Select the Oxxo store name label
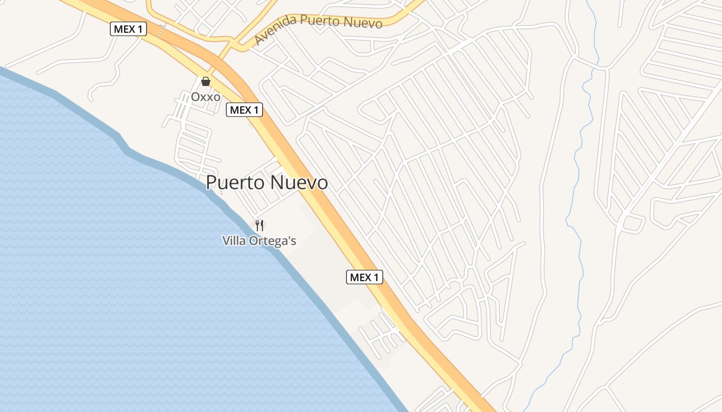[x=206, y=97]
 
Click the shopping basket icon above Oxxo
[x=206, y=81]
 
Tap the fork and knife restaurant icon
[x=259, y=225]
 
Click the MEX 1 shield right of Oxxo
[x=244, y=110]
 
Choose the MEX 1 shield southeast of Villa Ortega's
[x=364, y=278]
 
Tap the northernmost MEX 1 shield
[x=128, y=29]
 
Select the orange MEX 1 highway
[x=330, y=206]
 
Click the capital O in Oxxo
[x=195, y=97]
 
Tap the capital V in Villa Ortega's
[x=226, y=241]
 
